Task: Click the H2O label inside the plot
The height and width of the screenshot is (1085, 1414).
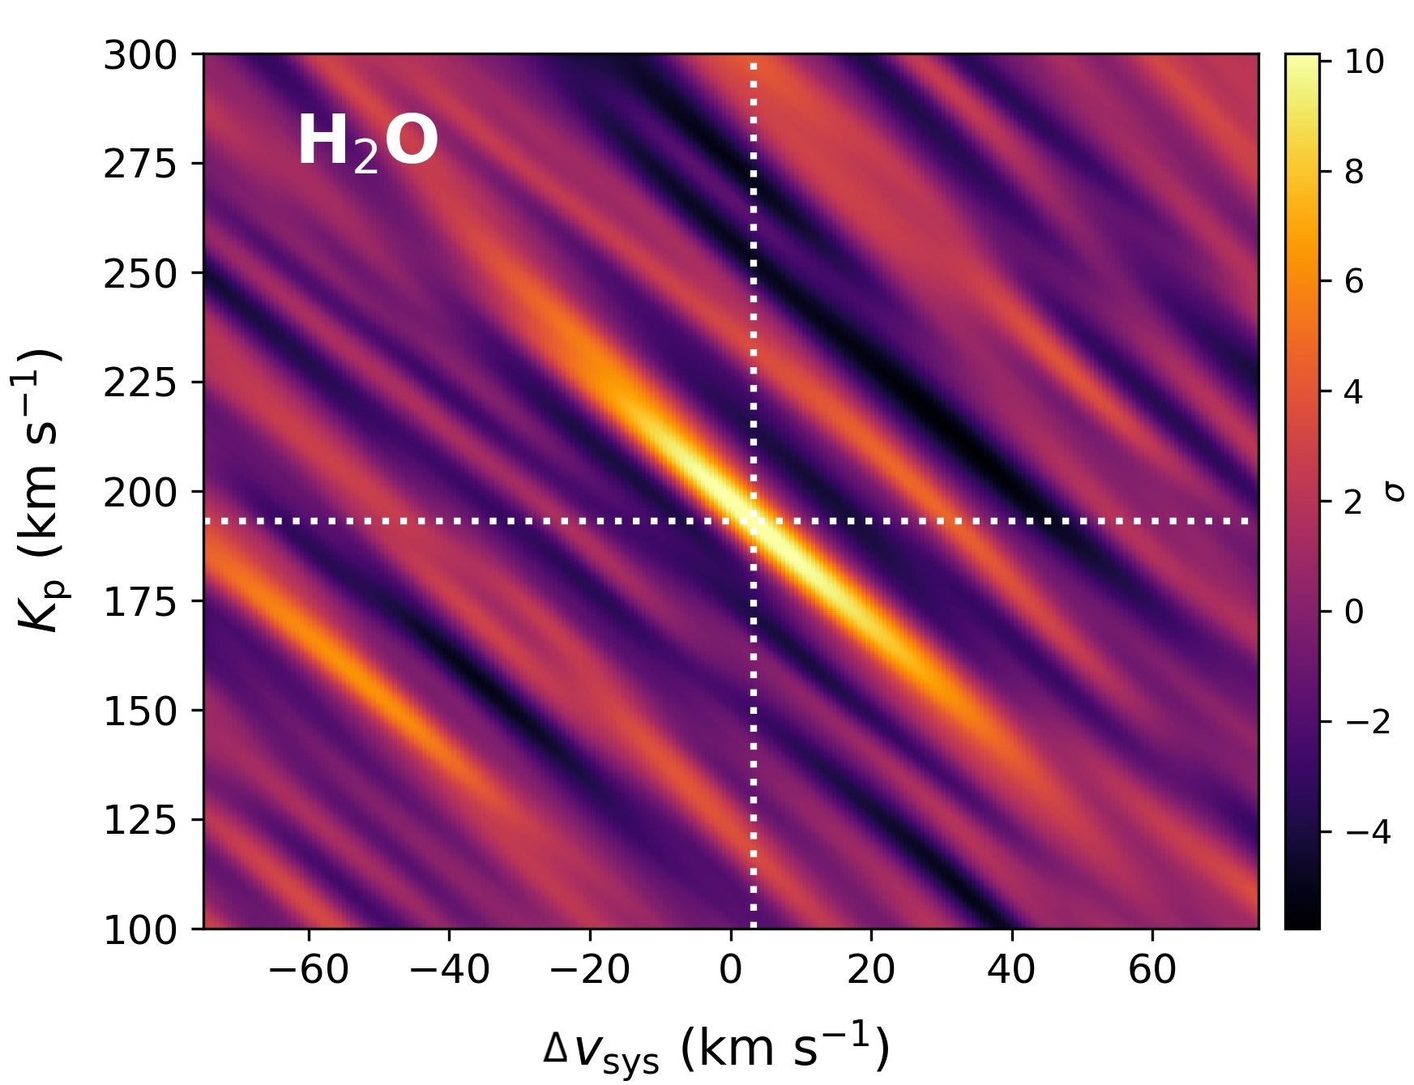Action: pyautogui.click(x=367, y=143)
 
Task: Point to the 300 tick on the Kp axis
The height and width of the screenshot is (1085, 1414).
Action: pyautogui.click(x=140, y=57)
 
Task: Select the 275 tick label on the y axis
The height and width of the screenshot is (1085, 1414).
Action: pyautogui.click(x=140, y=164)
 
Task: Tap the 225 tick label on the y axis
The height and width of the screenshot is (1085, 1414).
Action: pyautogui.click(x=140, y=383)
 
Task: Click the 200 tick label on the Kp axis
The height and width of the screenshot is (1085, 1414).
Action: pyautogui.click(x=140, y=493)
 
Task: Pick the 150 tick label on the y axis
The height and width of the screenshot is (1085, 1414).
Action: pyautogui.click(x=140, y=711)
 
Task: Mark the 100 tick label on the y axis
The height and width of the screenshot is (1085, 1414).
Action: pyautogui.click(x=140, y=930)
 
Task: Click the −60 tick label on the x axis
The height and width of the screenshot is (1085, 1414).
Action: pyautogui.click(x=309, y=970)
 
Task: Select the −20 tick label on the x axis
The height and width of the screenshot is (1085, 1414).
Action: pyautogui.click(x=590, y=970)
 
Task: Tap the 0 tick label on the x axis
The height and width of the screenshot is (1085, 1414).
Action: pyautogui.click(x=731, y=970)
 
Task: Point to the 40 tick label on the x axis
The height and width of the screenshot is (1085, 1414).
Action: pyautogui.click(x=1011, y=970)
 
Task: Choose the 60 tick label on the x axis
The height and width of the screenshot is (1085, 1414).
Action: pyautogui.click(x=1152, y=970)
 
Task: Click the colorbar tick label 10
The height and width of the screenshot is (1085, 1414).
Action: pyautogui.click(x=1365, y=62)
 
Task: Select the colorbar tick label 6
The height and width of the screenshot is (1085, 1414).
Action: pyautogui.click(x=1354, y=282)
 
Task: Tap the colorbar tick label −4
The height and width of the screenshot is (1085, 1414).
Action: pyautogui.click(x=1368, y=832)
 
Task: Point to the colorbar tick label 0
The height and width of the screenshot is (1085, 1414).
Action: pyautogui.click(x=1354, y=612)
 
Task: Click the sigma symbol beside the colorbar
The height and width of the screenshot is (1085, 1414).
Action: pyautogui.click(x=1395, y=491)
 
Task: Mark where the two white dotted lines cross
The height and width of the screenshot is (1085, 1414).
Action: pyautogui.click(x=754, y=521)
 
